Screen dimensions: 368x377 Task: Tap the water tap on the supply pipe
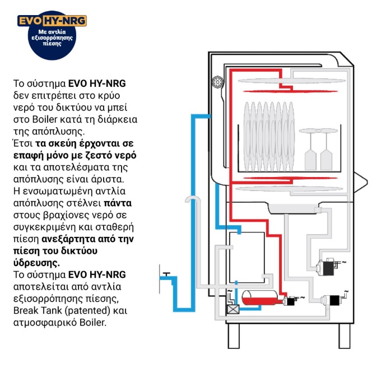pyautogui.click(x=166, y=274)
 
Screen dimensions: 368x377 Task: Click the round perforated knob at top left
pyautogui.click(x=217, y=83)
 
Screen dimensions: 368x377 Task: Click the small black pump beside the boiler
pyautogui.click(x=290, y=301)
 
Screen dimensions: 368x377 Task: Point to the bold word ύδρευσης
pyautogui.click(x=39, y=262)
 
